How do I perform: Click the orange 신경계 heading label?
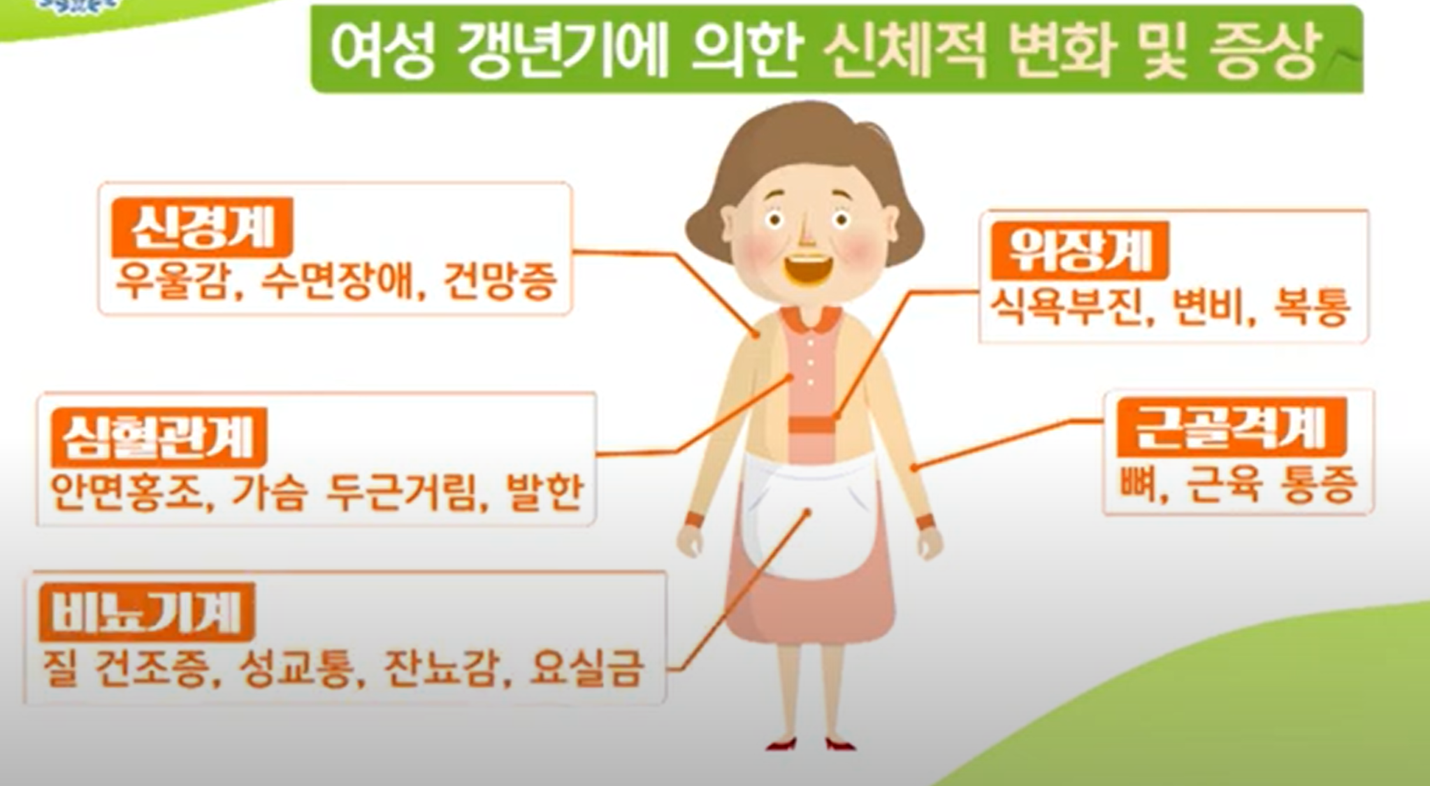click(x=202, y=227)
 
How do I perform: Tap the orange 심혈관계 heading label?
click(x=159, y=437)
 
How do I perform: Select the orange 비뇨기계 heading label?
click(x=147, y=612)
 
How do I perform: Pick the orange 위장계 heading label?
click(x=1079, y=250)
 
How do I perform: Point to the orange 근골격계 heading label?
click(x=1231, y=427)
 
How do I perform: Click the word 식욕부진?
click(x=1067, y=307)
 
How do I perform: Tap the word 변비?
click(x=1209, y=307)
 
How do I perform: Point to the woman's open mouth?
click(x=808, y=269)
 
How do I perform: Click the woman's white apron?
click(x=807, y=517)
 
